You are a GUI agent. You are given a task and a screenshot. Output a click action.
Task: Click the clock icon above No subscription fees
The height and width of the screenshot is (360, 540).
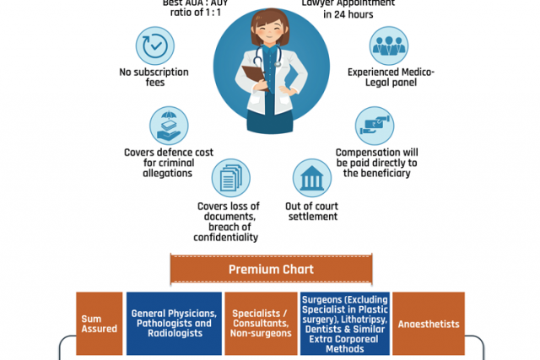[154, 49]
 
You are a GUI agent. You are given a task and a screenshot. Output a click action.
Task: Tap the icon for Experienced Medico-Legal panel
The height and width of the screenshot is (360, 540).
[389, 46]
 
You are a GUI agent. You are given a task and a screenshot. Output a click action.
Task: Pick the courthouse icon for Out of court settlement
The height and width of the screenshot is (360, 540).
[311, 178]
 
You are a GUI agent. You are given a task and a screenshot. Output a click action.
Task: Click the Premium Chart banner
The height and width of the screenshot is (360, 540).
[271, 270]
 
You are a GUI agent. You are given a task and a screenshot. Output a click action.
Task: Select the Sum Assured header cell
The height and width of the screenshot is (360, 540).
[99, 324]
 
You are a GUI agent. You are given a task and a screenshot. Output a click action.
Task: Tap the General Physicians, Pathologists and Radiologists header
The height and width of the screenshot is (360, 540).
[173, 324]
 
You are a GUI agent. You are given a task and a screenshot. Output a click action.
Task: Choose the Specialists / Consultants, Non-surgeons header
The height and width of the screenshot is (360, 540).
[260, 324]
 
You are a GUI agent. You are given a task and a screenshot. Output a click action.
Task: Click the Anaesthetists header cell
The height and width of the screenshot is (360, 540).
[429, 324]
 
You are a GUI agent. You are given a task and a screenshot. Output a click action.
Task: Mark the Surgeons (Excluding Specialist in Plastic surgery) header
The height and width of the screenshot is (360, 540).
[344, 324]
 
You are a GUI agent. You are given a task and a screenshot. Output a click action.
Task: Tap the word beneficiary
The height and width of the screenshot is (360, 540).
[379, 173]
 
